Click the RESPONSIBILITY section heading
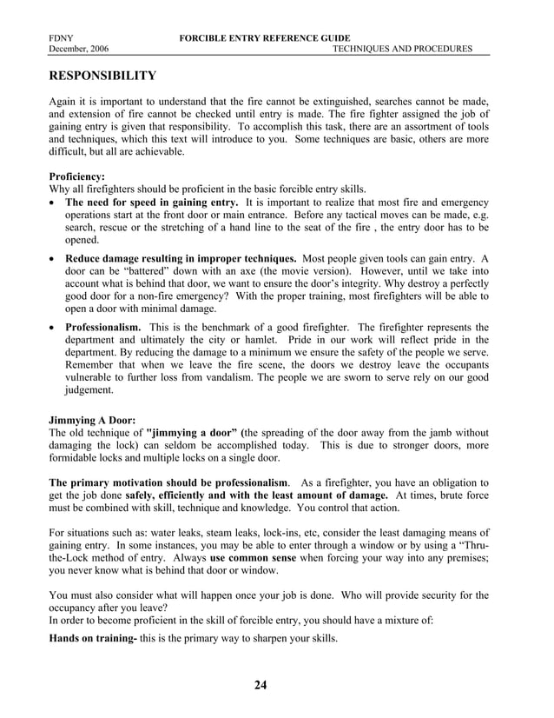[102, 76]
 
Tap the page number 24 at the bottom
[261, 685]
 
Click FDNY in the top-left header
[62, 38]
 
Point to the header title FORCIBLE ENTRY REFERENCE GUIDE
[265, 38]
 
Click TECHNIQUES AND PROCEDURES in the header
[403, 50]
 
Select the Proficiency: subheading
[76, 176]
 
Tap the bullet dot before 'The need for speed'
[55, 203]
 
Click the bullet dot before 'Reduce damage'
[55, 259]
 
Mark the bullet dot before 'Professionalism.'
[55, 328]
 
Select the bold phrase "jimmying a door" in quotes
[193, 432]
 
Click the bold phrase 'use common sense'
[253, 557]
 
